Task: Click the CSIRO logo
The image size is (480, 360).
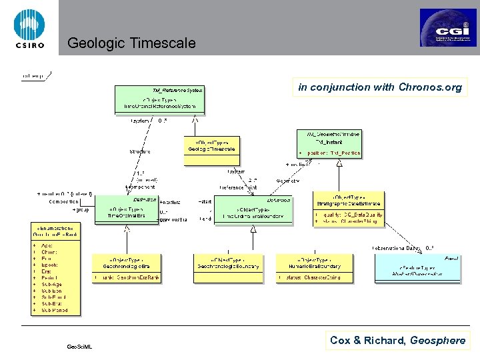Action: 28,27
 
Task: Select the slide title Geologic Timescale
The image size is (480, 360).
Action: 131,44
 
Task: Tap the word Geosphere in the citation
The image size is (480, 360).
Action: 437,341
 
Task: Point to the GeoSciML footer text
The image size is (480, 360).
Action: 80,346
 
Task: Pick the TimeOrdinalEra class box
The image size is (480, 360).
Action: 129,213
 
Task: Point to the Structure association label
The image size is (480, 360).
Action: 139,151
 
